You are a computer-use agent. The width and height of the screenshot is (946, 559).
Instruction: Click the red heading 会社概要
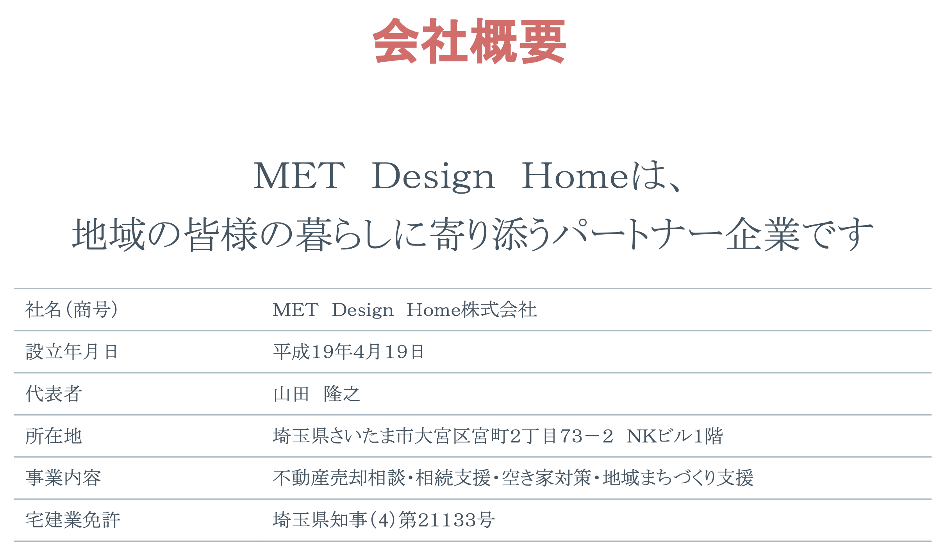coord(469,41)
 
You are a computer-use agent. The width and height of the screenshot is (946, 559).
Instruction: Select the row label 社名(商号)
coord(72,310)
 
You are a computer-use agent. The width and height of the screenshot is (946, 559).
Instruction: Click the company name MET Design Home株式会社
coord(405,310)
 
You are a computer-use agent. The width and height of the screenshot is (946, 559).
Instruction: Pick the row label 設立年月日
coord(72,352)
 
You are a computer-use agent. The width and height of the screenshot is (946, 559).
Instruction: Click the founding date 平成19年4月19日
coord(348,352)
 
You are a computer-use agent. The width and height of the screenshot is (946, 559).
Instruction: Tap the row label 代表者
coord(54,394)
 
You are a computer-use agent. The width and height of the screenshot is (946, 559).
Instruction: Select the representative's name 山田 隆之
coord(316,394)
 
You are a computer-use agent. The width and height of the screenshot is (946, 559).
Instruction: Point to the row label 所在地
coord(54,436)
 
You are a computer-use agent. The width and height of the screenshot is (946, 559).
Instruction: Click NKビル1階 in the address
coord(675,436)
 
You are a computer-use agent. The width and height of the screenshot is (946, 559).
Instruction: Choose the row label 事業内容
coord(63,478)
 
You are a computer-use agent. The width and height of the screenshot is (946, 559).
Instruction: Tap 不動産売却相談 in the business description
coord(339,478)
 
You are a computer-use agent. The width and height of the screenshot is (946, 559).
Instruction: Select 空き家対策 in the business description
coord(546,478)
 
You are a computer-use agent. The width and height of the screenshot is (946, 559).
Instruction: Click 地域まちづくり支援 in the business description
coord(678,478)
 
